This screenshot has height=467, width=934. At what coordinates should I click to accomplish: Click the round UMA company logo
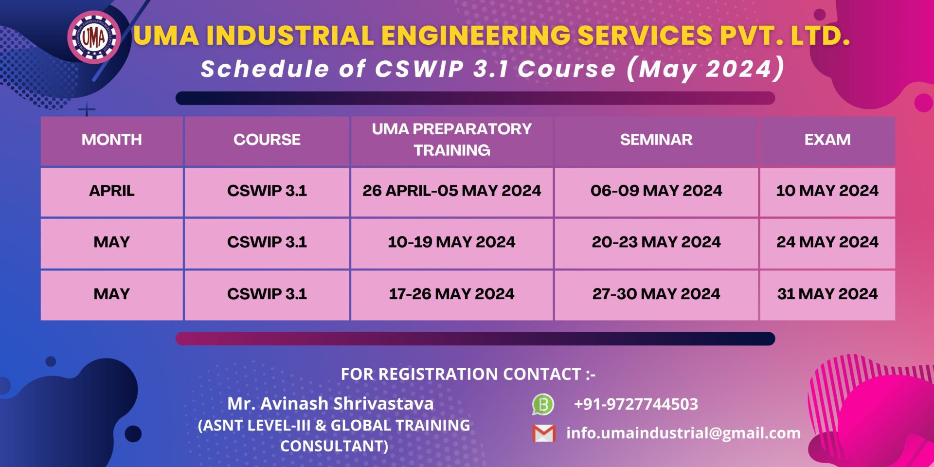tap(94, 37)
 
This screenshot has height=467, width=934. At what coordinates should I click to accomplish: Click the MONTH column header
tap(111, 140)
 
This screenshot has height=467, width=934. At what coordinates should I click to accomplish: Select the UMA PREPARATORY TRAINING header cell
tap(451, 140)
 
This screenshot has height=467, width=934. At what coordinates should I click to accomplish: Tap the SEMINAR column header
tap(656, 140)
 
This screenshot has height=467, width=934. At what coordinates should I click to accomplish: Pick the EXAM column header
tap(827, 140)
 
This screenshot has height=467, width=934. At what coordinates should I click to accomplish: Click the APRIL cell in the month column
tap(111, 191)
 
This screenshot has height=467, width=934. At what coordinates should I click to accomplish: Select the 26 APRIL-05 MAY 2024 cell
tap(451, 191)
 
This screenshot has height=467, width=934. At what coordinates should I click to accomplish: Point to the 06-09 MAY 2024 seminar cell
tap(656, 191)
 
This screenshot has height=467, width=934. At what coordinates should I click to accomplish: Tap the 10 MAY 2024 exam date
tap(827, 191)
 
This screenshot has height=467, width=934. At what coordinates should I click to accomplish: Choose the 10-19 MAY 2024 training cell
tap(451, 242)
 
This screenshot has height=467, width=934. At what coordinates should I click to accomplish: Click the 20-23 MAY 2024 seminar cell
tap(656, 242)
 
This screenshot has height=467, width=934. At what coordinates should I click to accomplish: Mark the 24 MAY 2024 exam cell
tap(827, 242)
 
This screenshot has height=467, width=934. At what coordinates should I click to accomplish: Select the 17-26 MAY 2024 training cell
tap(451, 294)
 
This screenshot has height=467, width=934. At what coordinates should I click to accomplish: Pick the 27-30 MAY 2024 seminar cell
tap(656, 294)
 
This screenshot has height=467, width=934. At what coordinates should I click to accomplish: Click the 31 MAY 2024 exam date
tap(827, 294)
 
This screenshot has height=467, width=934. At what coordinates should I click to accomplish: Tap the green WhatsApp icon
tap(543, 404)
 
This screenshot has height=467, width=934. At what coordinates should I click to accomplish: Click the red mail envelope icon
tap(544, 433)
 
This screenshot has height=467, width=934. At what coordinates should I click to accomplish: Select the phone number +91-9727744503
tap(636, 404)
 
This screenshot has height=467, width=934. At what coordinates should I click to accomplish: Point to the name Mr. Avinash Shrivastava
tap(330, 404)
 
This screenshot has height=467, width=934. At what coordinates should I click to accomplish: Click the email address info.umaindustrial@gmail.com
tap(683, 433)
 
